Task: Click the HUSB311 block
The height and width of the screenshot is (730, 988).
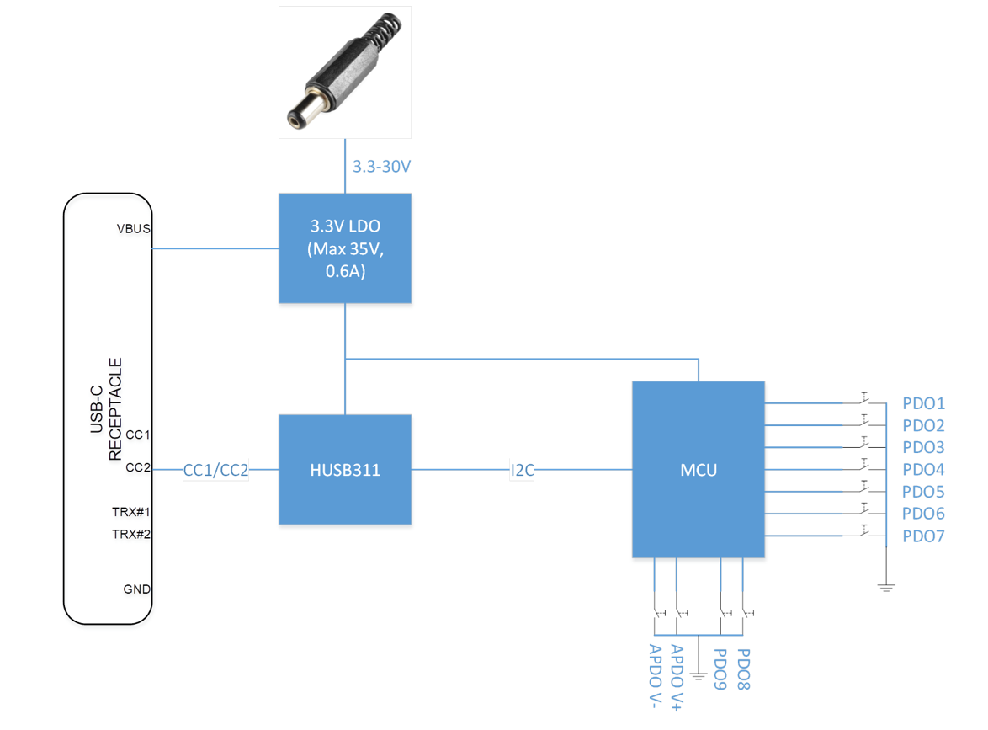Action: pyautogui.click(x=345, y=470)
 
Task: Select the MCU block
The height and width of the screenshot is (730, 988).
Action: pyautogui.click(x=699, y=470)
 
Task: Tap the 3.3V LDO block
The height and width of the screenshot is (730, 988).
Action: pyautogui.click(x=345, y=248)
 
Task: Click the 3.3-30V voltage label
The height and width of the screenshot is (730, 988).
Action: pyautogui.click(x=381, y=167)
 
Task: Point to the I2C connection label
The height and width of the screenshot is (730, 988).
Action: pyautogui.click(x=522, y=471)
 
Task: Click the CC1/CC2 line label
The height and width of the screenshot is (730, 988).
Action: pyautogui.click(x=215, y=471)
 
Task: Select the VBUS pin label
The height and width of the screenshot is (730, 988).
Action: pyautogui.click(x=134, y=229)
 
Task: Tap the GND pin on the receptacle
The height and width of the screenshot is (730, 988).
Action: pyautogui.click(x=136, y=589)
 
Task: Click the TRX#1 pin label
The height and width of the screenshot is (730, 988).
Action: pyautogui.click(x=131, y=512)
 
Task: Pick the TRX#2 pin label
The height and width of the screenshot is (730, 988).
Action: pyautogui.click(x=131, y=535)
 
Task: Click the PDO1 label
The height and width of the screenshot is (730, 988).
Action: pyautogui.click(x=923, y=403)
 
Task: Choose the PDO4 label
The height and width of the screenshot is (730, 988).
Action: pyautogui.click(x=923, y=470)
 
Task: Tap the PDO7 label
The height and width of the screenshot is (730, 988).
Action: pyautogui.click(x=923, y=536)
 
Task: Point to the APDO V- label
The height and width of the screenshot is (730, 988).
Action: pyautogui.click(x=656, y=676)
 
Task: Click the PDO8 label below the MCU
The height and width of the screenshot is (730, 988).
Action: pyautogui.click(x=743, y=669)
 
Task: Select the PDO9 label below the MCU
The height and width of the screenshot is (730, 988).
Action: pyautogui.click(x=720, y=669)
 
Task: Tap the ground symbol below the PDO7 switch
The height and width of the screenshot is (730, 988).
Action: pyautogui.click(x=886, y=589)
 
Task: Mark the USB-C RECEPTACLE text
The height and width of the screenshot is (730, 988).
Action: pyautogui.click(x=107, y=409)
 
